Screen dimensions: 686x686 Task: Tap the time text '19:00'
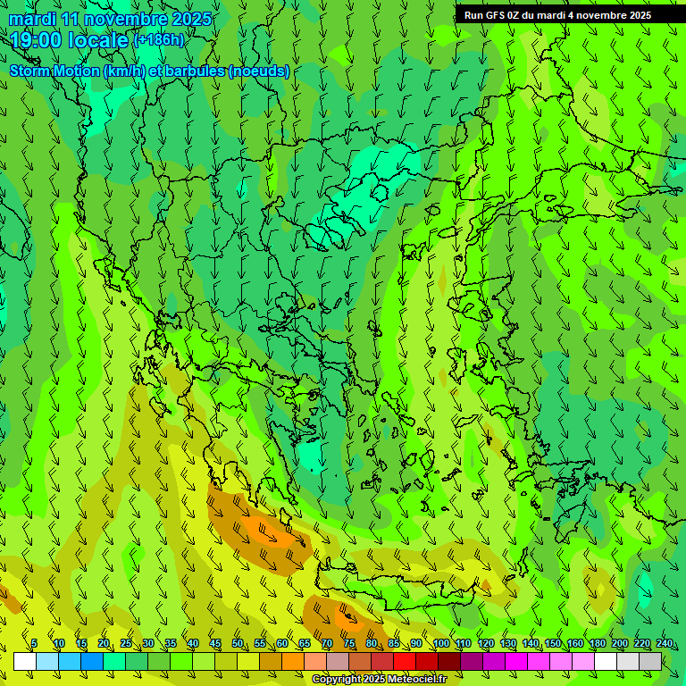coord(36,40)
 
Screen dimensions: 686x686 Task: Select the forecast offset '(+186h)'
coord(158,40)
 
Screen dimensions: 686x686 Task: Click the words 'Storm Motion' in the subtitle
coord(55,71)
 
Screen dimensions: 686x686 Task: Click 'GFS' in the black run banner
coord(494,15)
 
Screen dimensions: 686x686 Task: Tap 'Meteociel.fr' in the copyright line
coord(417,680)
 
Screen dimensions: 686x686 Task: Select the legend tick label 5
coord(34,643)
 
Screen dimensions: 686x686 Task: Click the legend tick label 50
coord(238,643)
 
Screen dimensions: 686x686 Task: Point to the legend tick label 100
coord(440,643)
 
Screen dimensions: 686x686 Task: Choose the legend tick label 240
coord(664,643)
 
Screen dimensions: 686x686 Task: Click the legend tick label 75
coord(349,643)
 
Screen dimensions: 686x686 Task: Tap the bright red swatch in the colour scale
coord(405,661)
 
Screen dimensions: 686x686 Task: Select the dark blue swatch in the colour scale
coord(92,661)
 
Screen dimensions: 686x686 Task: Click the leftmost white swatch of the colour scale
coord(25,661)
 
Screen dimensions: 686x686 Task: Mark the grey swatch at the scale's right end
coord(650,661)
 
